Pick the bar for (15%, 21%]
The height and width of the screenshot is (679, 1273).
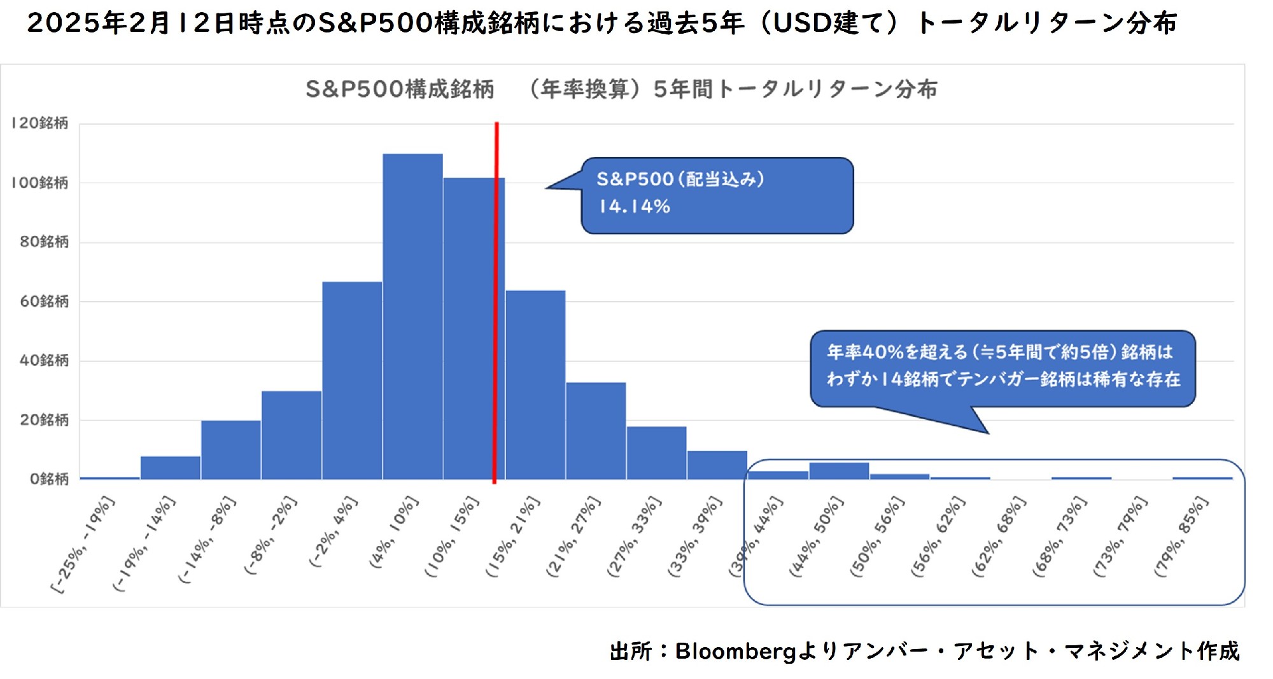tap(535, 384)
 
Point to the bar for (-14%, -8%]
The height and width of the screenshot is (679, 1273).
tap(231, 449)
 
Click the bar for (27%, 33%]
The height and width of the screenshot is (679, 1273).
tap(656, 452)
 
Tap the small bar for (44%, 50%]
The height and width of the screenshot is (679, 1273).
tap(839, 471)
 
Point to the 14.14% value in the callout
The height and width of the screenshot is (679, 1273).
tap(634, 207)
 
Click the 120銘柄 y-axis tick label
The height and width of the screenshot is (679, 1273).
tap(39, 123)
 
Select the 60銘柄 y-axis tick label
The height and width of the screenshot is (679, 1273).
tap(43, 302)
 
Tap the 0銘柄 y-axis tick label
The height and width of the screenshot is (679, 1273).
tap(48, 479)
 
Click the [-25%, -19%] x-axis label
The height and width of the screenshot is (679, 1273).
tap(83, 545)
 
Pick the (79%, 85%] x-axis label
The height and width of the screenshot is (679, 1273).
tap(1181, 537)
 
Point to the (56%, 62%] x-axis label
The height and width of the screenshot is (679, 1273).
tap(938, 537)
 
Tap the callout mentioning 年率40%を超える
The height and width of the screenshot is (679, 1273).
tap(1002, 366)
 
